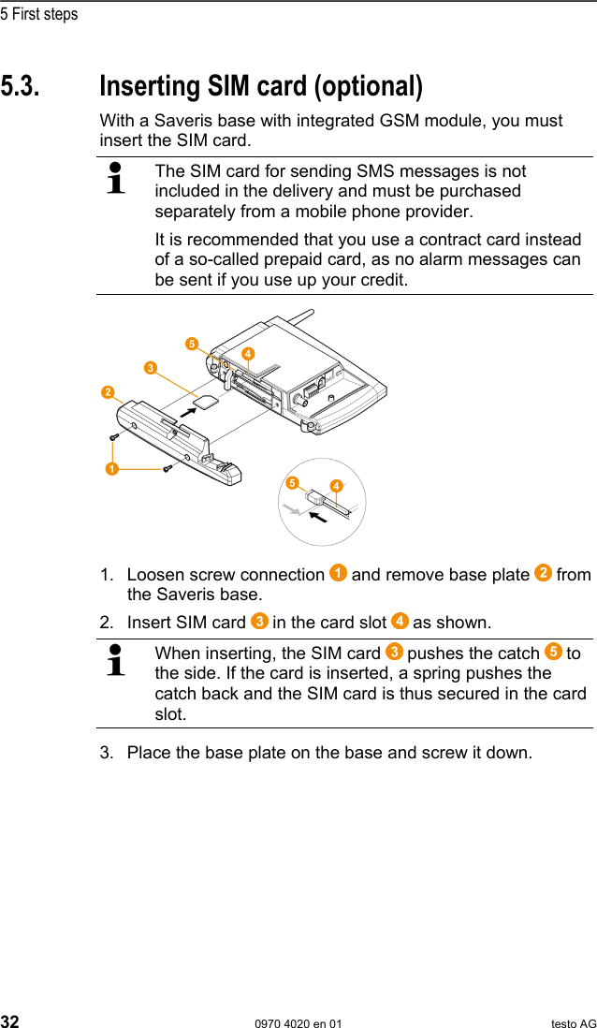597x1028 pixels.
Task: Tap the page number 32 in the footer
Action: coord(10,1022)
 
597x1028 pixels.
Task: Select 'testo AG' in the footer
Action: coord(573,1023)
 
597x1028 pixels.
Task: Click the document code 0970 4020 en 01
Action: coord(298,1023)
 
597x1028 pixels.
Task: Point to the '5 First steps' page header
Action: coord(39,14)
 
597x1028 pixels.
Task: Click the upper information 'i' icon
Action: coord(116,178)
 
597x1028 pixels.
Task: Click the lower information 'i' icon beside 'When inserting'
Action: coord(116,660)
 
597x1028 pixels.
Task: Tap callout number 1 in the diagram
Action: coord(111,466)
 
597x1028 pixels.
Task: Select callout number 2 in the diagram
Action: coord(109,390)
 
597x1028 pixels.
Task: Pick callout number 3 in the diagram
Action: coord(149,368)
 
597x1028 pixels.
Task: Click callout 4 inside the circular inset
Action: coord(335,486)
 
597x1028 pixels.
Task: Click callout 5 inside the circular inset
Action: coord(292,483)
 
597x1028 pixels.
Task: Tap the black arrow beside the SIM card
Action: coord(193,409)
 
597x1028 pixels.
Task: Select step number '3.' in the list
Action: coord(108,752)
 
